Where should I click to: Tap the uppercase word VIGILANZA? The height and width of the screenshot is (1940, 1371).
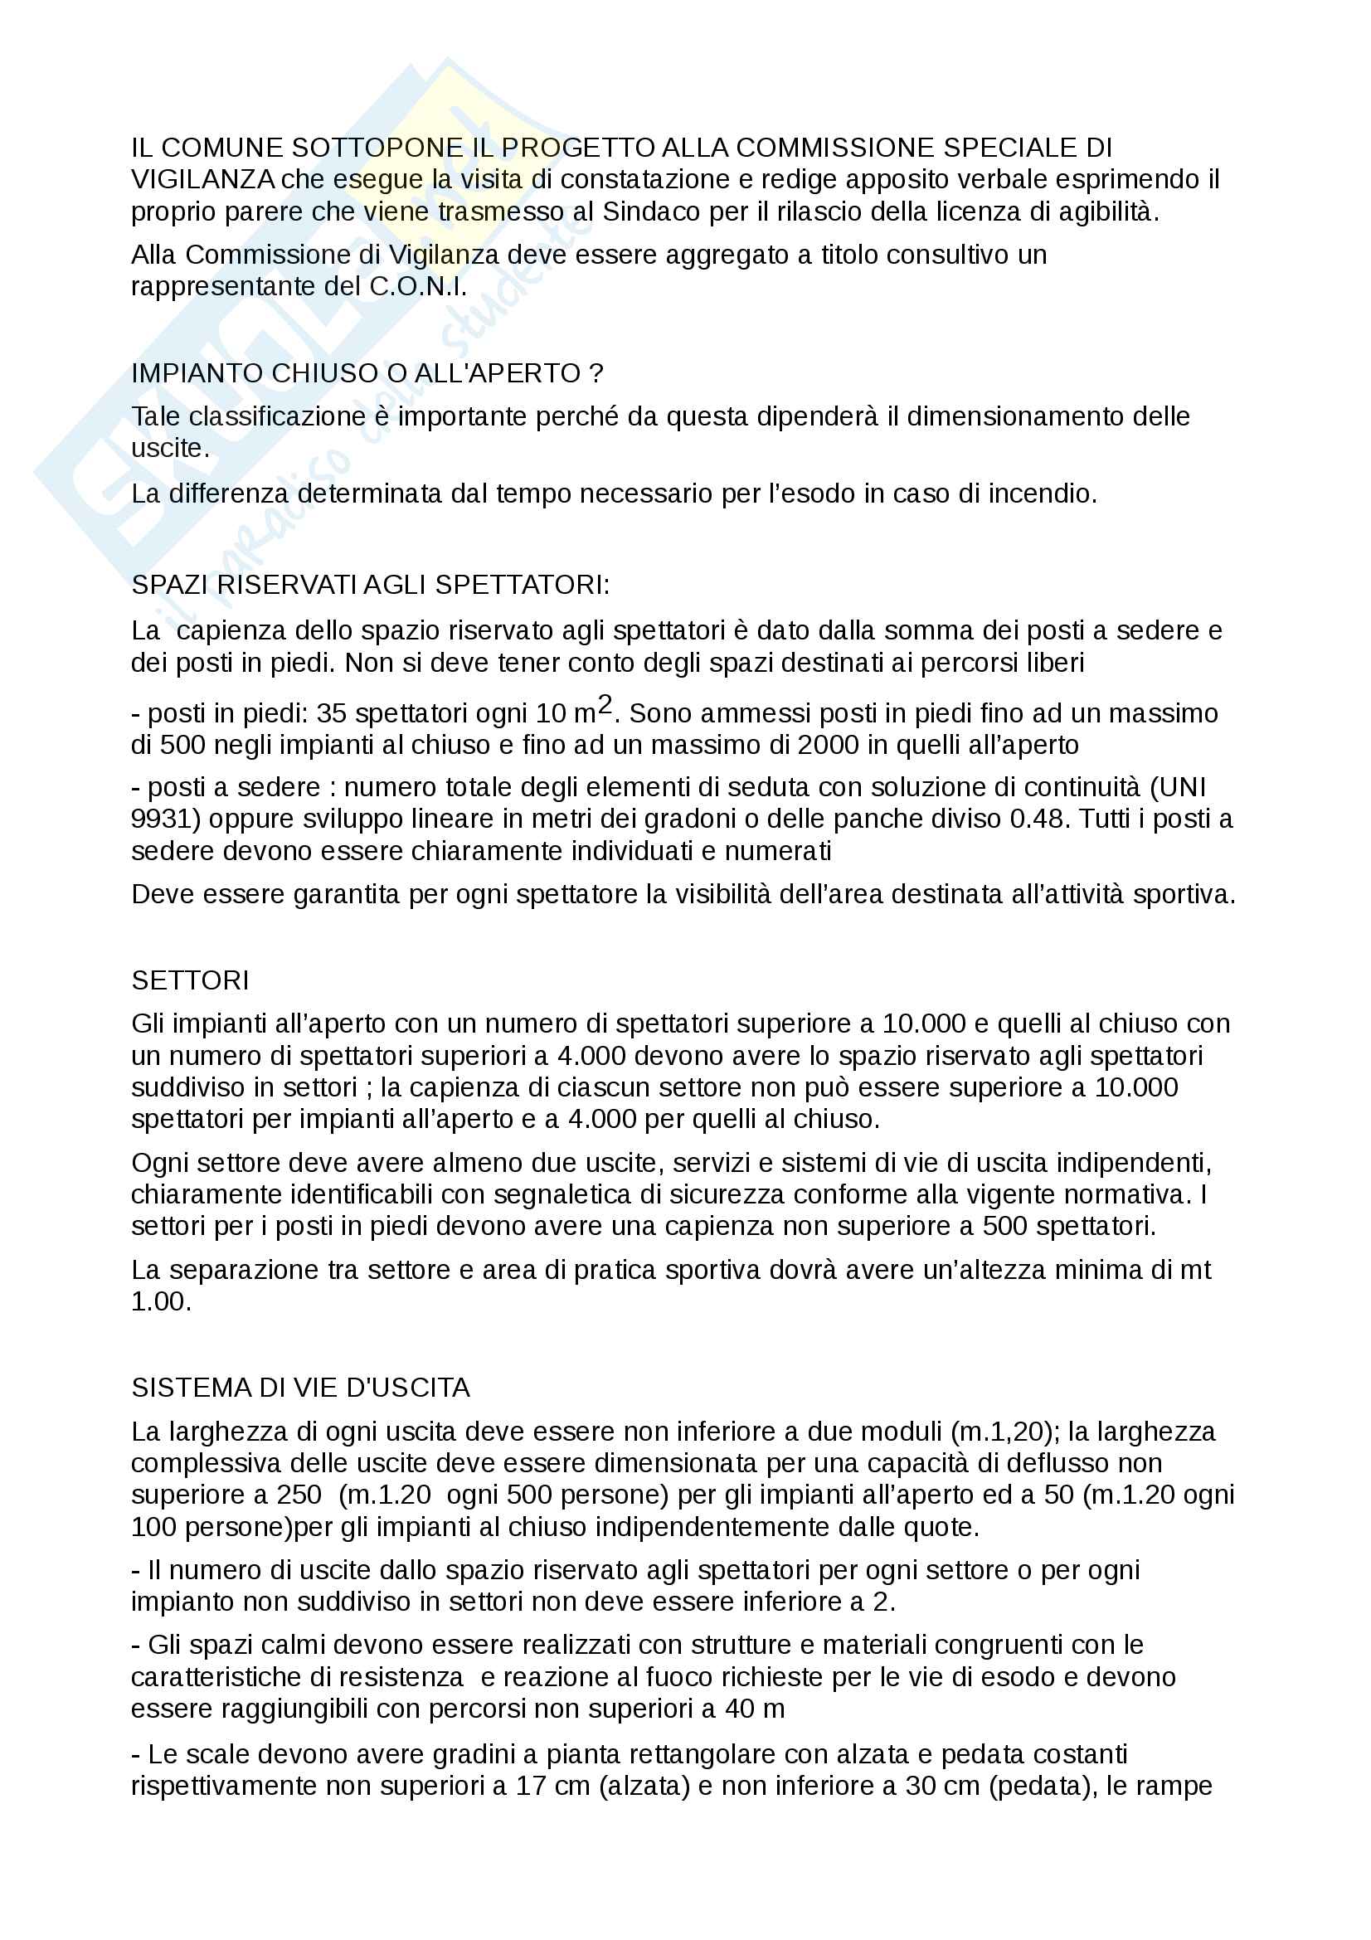coord(202,179)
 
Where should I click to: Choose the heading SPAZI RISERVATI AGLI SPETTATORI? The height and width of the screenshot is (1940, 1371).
coord(370,585)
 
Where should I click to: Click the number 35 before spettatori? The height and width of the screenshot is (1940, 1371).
coord(332,714)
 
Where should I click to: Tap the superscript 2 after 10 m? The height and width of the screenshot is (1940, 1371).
coord(605,706)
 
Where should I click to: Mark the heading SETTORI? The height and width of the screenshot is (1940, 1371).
coord(190,980)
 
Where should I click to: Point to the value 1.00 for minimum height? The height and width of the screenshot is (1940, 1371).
coord(161,1301)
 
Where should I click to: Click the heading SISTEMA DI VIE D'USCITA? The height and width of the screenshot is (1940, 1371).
coord(301,1388)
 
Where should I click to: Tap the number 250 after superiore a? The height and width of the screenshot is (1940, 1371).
coord(299,1495)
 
